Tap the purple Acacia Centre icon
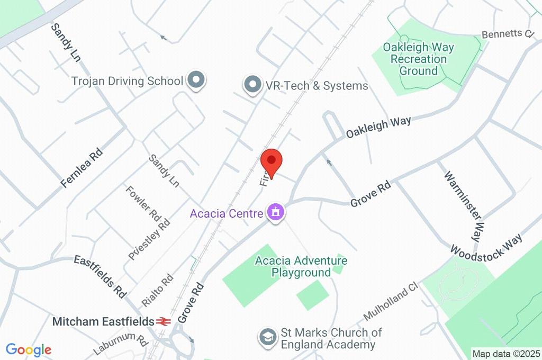point(276,213)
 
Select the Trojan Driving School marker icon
point(197,81)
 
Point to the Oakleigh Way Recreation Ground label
point(418,59)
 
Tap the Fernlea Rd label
point(82,168)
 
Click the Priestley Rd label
point(149,239)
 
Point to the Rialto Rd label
point(158,290)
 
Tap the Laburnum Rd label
point(120,345)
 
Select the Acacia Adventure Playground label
point(301,266)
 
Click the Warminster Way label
point(464,204)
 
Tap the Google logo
point(29,349)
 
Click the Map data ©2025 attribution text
point(506,353)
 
